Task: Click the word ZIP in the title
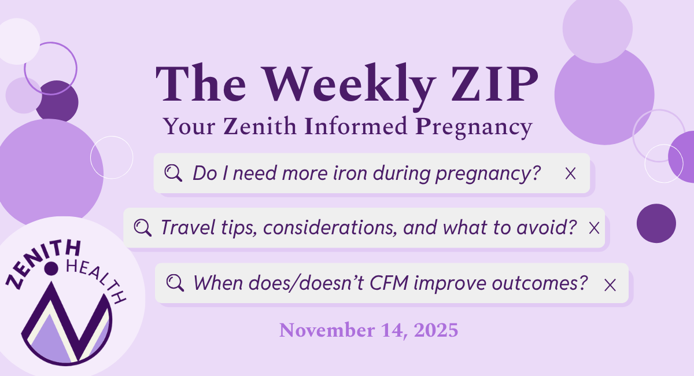pos(494,84)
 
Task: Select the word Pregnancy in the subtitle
pos(474,127)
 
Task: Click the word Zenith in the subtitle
pos(260,126)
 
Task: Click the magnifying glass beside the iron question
pos(173,172)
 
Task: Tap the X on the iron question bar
pos(570,174)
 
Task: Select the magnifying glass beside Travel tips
pos(143,227)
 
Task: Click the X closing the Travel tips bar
pos(594,228)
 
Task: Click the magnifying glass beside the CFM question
pos(175,283)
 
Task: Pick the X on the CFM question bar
pos(610,285)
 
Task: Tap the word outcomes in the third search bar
pos(540,283)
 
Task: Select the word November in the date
pos(327,330)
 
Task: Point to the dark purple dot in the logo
pos(51,268)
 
